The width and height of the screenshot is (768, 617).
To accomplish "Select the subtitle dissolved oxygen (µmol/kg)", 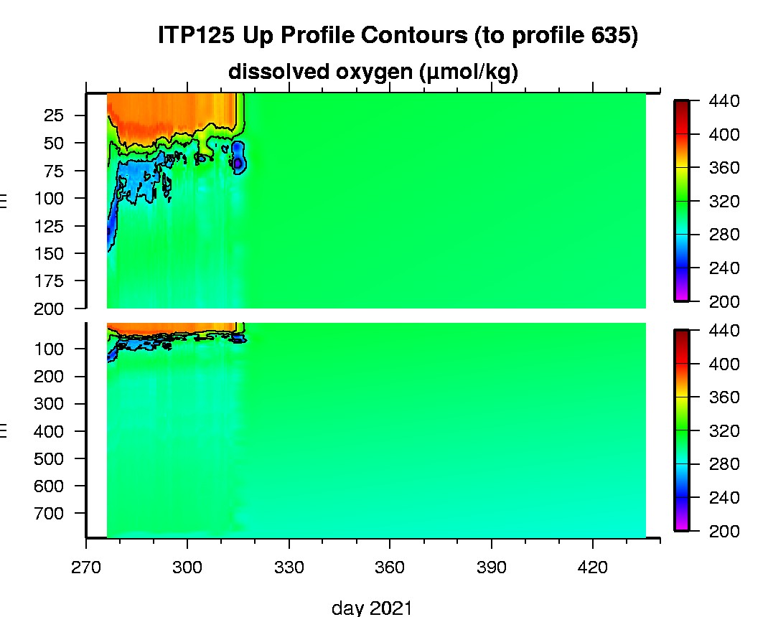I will [x=373, y=72].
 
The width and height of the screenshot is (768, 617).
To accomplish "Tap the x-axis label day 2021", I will [x=372, y=608].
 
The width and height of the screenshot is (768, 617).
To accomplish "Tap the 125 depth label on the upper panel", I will [x=50, y=226].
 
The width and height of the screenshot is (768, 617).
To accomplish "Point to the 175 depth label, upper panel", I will [x=50, y=281].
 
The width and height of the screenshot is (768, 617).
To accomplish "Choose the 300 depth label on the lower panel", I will [x=50, y=404].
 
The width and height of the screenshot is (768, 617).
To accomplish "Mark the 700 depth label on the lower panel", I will [x=50, y=514].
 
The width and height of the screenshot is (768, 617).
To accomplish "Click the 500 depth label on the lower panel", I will [x=50, y=459].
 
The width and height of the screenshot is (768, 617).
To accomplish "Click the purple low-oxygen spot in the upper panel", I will [x=238, y=163].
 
